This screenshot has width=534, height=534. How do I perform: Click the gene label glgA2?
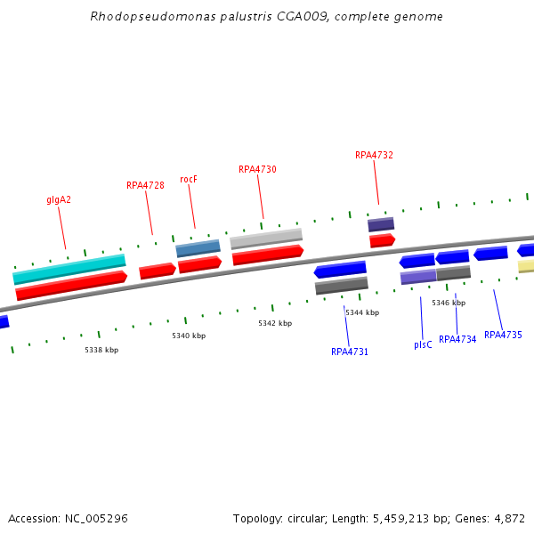tap(59, 199)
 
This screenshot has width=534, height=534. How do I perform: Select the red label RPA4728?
tap(145, 185)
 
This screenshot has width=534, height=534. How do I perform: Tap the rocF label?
tap(188, 179)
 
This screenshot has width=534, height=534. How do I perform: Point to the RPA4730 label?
tap(257, 169)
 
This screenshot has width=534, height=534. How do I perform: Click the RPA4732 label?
tap(374, 155)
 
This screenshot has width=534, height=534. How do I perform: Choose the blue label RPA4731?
tap(350, 352)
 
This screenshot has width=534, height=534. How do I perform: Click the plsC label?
tap(423, 344)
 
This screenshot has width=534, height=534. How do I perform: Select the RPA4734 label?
tap(457, 339)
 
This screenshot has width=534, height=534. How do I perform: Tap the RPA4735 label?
tap(503, 336)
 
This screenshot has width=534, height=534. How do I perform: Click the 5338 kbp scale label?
tap(101, 350)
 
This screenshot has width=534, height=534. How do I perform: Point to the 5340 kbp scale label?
tap(189, 336)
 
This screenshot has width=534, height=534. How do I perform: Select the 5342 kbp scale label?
tap(275, 323)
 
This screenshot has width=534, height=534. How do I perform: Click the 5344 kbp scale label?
tap(362, 312)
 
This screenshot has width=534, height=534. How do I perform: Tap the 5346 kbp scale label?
tap(449, 303)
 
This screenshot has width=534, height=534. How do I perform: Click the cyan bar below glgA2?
tap(69, 269)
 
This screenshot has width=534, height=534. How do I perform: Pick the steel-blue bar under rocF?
tap(198, 247)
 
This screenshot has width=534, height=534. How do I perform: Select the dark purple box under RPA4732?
tap(381, 224)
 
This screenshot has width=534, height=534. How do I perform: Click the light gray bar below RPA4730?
tap(266, 239)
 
